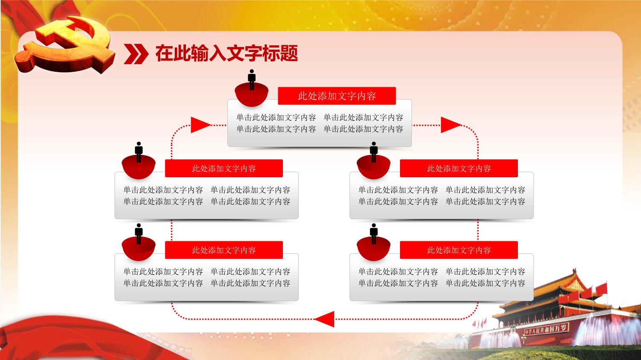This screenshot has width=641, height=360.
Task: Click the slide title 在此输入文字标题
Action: [x=226, y=53]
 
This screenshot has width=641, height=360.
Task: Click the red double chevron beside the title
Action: [x=136, y=54]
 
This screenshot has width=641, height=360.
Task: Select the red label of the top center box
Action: [x=337, y=96]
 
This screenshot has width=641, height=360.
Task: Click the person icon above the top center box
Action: [x=252, y=79]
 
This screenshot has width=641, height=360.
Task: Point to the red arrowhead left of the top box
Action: [x=201, y=125]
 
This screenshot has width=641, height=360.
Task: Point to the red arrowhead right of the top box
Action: [x=451, y=125]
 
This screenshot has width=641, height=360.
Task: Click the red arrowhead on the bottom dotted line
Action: [x=324, y=319]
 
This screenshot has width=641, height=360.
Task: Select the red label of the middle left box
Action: [x=224, y=168]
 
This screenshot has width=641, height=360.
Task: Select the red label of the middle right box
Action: [x=459, y=168]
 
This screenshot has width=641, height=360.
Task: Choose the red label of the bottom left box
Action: [x=224, y=250]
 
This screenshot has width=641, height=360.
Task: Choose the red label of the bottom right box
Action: [x=459, y=250]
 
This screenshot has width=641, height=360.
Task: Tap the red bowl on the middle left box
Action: [x=138, y=168]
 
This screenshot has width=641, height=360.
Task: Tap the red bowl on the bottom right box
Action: [x=373, y=249]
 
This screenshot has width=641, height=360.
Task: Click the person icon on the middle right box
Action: [x=373, y=152]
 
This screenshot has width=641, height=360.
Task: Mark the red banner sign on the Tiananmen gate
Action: [x=546, y=329]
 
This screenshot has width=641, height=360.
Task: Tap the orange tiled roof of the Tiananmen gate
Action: [x=561, y=289]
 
